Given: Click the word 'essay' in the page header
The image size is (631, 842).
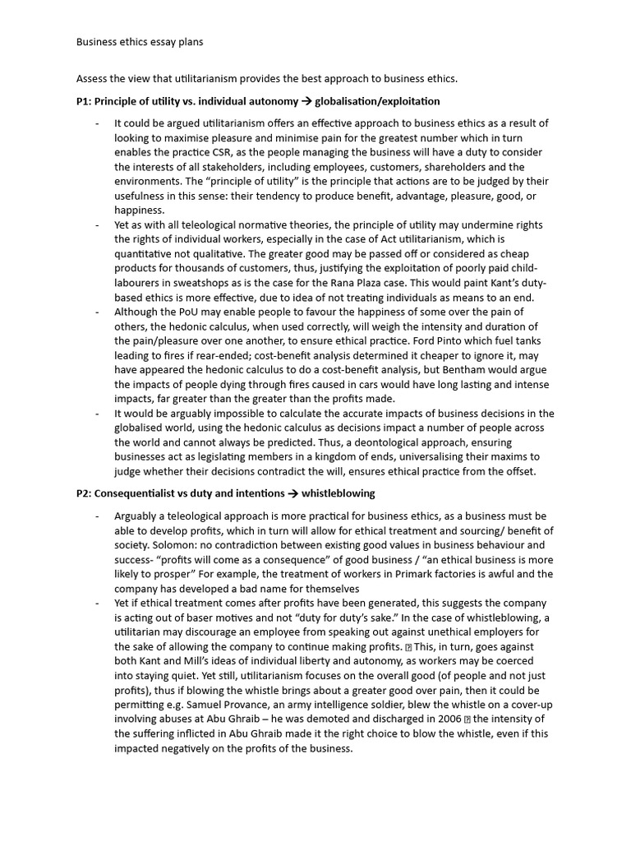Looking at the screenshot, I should [159, 40].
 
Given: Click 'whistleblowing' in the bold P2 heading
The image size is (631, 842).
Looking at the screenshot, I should [338, 493].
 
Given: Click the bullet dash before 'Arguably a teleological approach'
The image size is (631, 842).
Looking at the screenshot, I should [97, 516].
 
